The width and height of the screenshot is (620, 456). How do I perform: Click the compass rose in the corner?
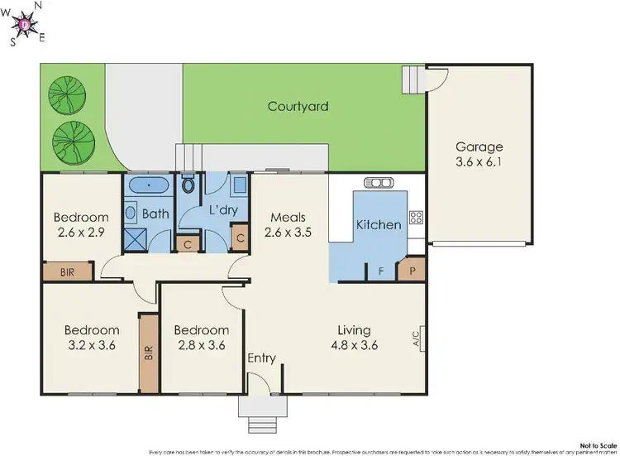[26, 24]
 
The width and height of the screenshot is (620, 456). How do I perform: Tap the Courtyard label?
[298, 106]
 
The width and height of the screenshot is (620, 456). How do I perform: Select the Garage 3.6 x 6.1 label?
[479, 155]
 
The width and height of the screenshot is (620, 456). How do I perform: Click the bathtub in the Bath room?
[147, 185]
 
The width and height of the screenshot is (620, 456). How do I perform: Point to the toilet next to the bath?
[189, 183]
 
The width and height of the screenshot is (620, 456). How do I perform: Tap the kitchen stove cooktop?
[416, 218]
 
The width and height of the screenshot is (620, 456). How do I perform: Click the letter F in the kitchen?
[381, 271]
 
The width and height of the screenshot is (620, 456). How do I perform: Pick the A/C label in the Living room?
[416, 338]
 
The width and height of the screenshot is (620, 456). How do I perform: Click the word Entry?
[262, 358]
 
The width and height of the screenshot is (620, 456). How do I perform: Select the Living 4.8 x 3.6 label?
[355, 338]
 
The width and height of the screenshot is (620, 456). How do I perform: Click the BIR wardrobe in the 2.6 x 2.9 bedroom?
[67, 271]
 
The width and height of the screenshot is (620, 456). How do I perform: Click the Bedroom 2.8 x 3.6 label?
[201, 338]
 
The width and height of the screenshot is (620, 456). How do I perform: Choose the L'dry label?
[223, 210]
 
